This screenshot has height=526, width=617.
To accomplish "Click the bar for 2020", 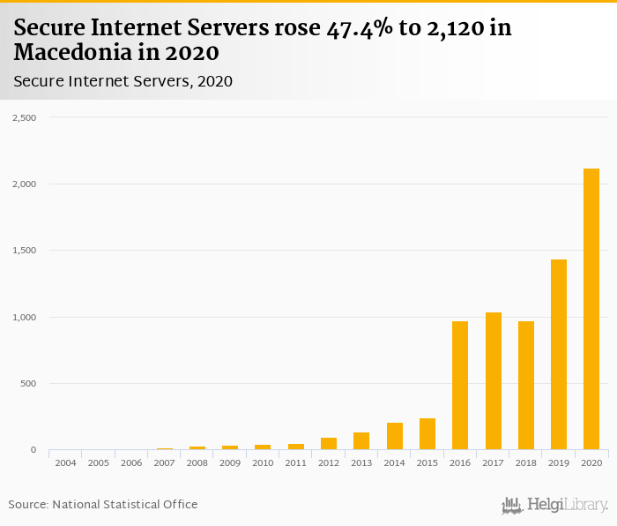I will pos(591,309).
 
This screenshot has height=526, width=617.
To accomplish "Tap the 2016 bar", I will pos(460,386).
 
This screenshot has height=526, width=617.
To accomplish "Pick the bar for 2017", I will pos(493,381).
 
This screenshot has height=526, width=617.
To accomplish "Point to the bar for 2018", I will pos(526,386).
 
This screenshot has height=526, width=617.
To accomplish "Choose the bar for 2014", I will pos(394,437).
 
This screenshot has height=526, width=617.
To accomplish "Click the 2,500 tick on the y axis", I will pos(24,117).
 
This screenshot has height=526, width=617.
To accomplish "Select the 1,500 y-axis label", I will pos(24,251).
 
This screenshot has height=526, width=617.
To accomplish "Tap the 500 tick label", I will pos(28,384).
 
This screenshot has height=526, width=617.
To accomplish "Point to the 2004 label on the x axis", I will pos(65,462).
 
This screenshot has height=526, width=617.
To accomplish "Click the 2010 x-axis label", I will pos(263,462).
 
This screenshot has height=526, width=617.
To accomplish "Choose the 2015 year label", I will pos(427,462).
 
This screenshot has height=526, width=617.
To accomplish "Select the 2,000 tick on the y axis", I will pos(24,184).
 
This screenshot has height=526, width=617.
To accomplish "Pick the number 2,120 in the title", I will pos(450,28).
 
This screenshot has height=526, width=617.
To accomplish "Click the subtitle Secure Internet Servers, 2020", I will pos(123,82).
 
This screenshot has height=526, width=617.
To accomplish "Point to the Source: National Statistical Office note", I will pos(103,504).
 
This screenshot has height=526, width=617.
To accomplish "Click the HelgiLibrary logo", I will pos(555,505).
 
